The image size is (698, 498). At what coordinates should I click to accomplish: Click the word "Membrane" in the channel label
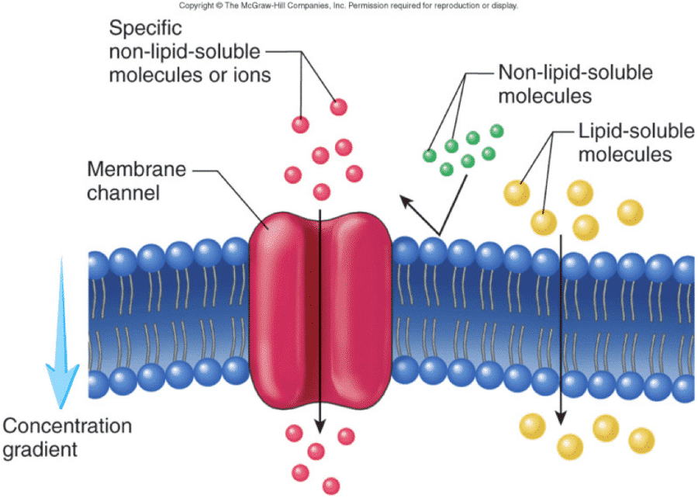(123, 169)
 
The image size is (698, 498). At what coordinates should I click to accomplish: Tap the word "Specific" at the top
(145, 29)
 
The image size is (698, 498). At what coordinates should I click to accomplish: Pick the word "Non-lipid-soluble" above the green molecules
(575, 72)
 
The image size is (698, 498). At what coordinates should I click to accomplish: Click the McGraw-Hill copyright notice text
(348, 5)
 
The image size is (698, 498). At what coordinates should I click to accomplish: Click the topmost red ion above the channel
(338, 106)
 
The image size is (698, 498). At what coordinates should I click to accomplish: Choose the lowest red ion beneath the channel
(331, 486)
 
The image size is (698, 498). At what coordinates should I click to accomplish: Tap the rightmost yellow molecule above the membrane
(630, 211)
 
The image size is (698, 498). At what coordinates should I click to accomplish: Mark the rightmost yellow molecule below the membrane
(641, 441)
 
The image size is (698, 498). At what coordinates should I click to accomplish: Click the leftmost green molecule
(428, 154)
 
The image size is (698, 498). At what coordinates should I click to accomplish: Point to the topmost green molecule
(496, 130)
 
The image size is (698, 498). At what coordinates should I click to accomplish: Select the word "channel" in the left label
(123, 192)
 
